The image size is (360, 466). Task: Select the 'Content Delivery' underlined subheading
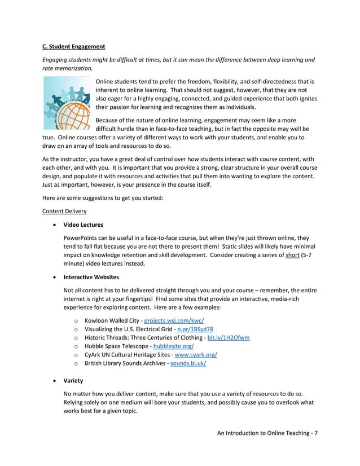(64, 211)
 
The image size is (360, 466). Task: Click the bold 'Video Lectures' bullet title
(84, 225)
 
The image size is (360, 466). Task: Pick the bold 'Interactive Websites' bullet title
(91, 277)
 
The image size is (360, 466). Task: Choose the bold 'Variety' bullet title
(73, 380)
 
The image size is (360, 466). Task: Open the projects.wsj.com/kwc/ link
(170, 320)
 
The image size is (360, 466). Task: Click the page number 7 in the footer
(316, 433)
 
